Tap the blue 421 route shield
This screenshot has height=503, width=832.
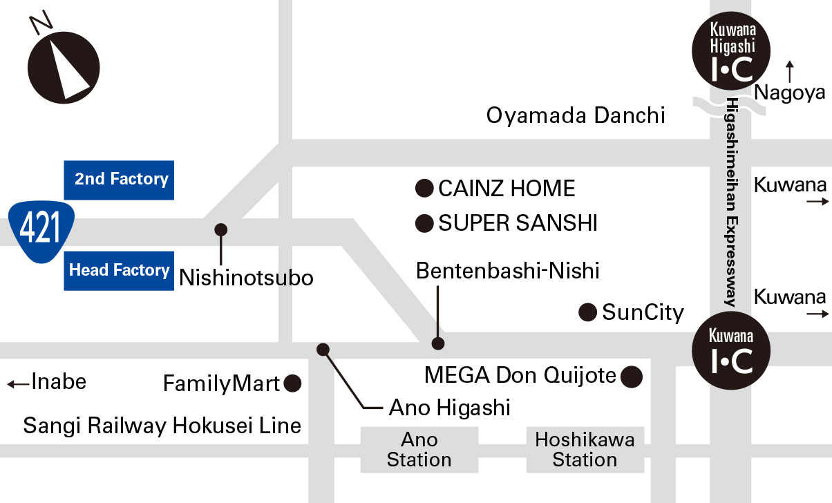point(41,230)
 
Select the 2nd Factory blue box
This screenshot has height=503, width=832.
point(118,180)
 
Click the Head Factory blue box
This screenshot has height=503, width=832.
point(118,270)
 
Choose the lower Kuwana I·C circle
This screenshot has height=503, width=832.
point(732,352)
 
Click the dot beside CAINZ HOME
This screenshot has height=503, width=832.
point(424,188)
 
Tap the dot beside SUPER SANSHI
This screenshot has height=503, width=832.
point(424,223)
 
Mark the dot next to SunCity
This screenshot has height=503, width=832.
point(587,313)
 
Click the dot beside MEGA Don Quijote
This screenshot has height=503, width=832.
point(632,377)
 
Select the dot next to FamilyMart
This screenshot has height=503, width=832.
point(293,383)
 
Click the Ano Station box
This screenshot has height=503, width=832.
point(419,450)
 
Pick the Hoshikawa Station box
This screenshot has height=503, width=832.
point(585,450)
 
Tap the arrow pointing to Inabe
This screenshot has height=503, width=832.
point(17,383)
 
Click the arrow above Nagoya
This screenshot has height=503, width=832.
point(790,71)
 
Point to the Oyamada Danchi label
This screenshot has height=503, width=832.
point(576,115)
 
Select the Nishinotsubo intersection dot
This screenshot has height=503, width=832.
point(221,229)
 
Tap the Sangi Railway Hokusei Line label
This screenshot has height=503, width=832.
point(162,426)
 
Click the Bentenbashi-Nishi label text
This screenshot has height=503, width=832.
point(507,271)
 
